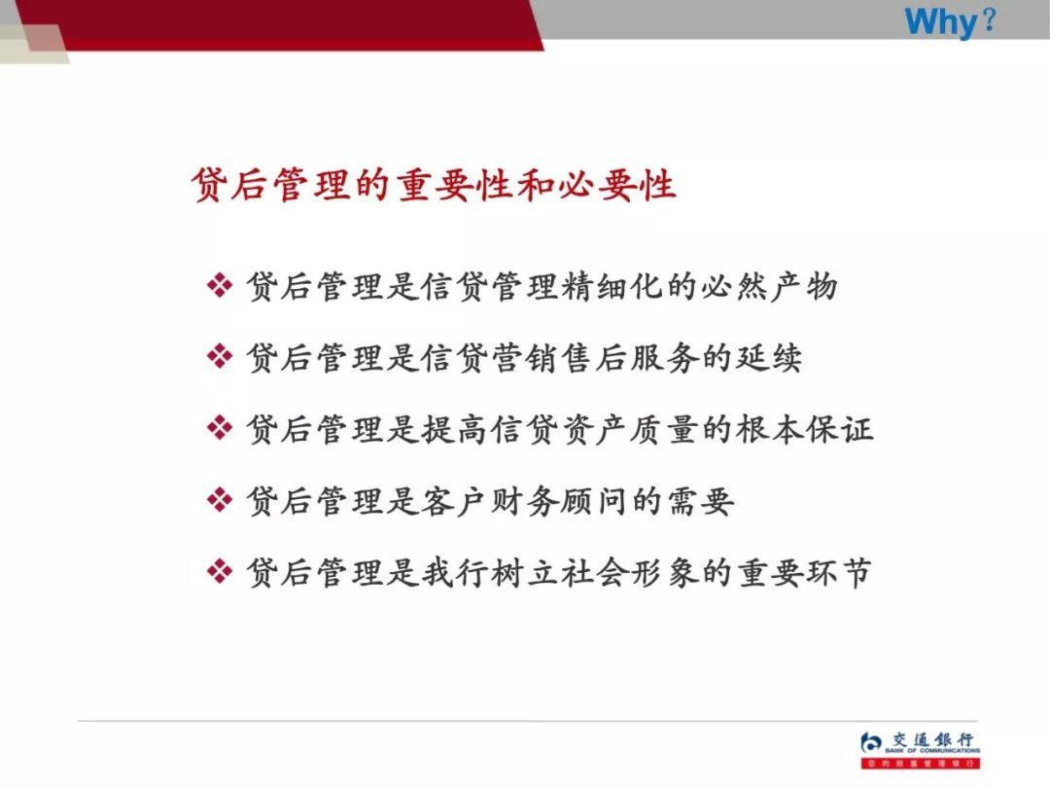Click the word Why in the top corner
pos(939,20)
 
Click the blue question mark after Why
pos(989,20)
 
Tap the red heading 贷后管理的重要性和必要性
pos(434,183)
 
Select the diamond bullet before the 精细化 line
pos(221,286)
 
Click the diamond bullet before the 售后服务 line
pos(221,357)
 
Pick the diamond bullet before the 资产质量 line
pos(221,429)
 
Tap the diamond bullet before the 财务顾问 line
pos(221,501)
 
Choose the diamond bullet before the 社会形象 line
pos(221,572)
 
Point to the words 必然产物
pos(769,286)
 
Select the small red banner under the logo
pos(920,764)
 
